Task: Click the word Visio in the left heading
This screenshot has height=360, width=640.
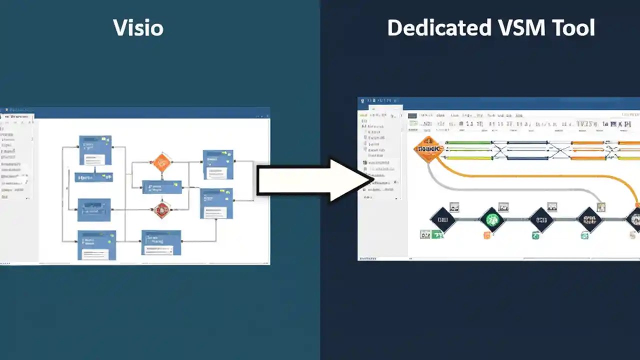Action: pyautogui.click(x=138, y=27)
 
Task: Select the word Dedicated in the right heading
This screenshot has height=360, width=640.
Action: pyautogui.click(x=433, y=27)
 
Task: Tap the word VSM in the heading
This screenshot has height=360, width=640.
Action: pyautogui.click(x=516, y=27)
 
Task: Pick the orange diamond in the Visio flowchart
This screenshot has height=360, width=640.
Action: pyautogui.click(x=161, y=162)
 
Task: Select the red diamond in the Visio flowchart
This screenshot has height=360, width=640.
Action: pyautogui.click(x=161, y=209)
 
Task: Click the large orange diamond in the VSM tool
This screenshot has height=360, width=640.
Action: pyautogui.click(x=428, y=149)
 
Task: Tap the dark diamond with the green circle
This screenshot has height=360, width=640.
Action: pyautogui.click(x=492, y=219)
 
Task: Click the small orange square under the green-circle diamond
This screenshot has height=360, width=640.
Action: pyautogui.click(x=487, y=235)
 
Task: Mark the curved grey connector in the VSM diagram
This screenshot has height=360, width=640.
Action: pyautogui.click(x=500, y=189)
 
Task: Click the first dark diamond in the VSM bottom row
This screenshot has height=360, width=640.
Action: pyautogui.click(x=443, y=219)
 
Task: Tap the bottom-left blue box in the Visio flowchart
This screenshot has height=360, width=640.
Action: pyautogui.click(x=96, y=245)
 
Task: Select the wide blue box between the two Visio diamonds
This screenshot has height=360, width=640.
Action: pyautogui.click(x=161, y=187)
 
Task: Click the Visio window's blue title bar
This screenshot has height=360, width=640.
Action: pyautogui.click(x=135, y=112)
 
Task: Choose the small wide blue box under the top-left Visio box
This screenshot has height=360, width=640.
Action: pyautogui.click(x=94, y=177)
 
